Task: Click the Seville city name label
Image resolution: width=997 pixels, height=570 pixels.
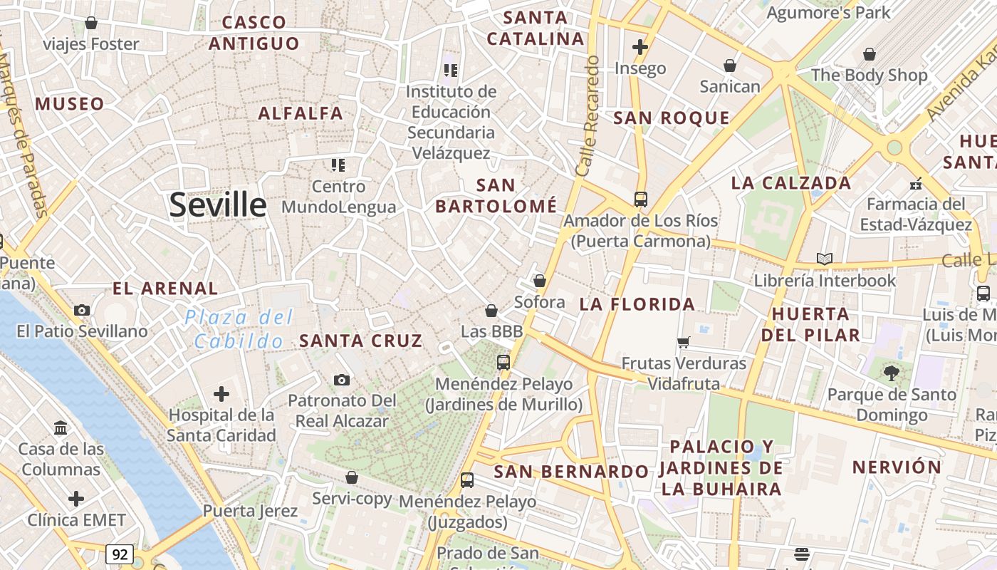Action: click(x=218, y=205)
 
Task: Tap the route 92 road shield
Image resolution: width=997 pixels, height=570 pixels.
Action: click(x=120, y=554)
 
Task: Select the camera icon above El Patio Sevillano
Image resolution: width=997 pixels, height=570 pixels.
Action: click(x=82, y=310)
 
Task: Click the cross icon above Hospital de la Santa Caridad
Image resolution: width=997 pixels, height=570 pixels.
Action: click(x=221, y=393)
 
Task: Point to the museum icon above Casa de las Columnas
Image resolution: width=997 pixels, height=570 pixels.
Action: click(x=61, y=428)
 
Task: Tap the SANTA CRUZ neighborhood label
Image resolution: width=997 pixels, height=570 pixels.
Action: click(x=361, y=341)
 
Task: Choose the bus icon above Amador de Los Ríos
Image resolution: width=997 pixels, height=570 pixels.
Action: click(x=640, y=199)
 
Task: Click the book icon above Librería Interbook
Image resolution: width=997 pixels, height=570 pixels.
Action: click(x=825, y=259)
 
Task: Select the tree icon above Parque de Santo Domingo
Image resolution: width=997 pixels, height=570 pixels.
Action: click(x=891, y=372)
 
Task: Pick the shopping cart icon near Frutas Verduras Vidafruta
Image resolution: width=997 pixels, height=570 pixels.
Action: click(x=684, y=342)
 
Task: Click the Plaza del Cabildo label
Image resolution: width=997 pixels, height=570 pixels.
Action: click(x=239, y=329)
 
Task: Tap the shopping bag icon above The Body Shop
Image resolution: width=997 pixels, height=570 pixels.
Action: click(x=869, y=53)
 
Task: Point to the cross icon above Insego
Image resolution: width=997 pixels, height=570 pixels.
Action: click(x=640, y=47)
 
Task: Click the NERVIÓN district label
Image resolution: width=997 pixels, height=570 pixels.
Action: click(x=897, y=467)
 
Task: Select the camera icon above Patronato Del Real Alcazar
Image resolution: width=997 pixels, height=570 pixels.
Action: click(x=342, y=380)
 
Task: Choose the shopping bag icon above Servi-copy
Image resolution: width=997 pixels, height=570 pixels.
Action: click(x=351, y=477)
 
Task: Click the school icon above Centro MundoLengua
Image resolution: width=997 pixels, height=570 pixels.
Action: click(x=338, y=165)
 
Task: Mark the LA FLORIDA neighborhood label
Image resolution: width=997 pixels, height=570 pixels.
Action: click(x=637, y=304)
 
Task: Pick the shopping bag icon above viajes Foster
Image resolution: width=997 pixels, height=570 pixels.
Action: click(x=91, y=23)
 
